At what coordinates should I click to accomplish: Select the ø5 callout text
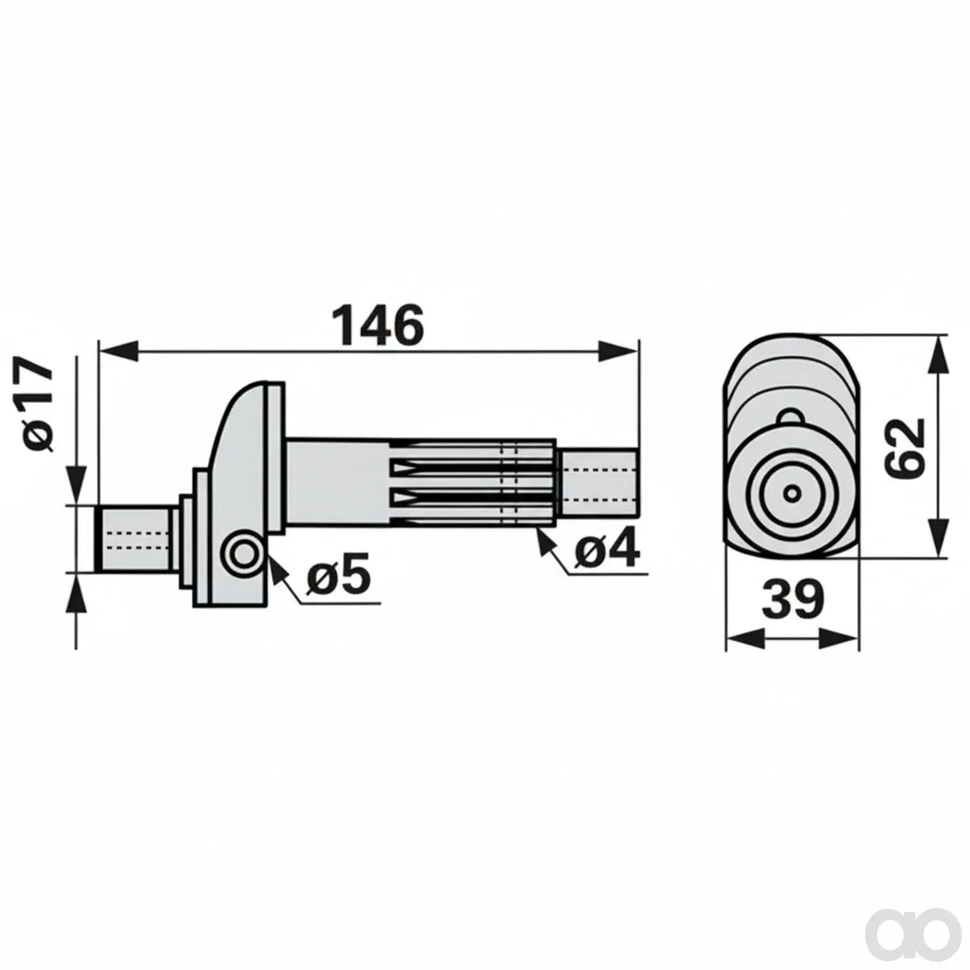(x=338, y=574)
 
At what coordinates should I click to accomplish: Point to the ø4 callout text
(x=608, y=550)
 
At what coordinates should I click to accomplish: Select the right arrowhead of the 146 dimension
(x=618, y=351)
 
